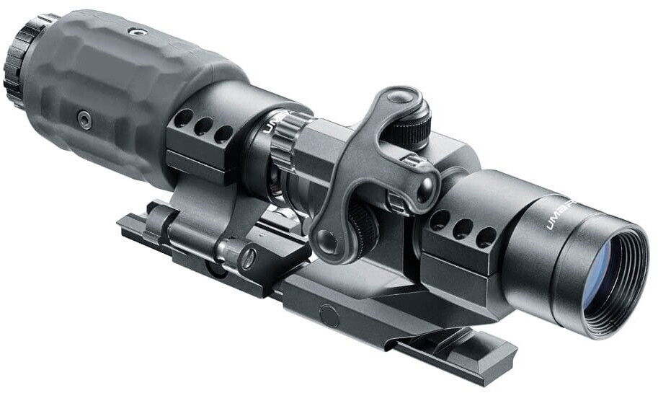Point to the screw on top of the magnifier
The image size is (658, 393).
tap(133, 31)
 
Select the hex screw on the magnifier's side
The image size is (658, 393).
tap(85, 120)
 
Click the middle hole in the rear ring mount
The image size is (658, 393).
tap(203, 125)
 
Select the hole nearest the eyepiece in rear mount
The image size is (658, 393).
tap(184, 118)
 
